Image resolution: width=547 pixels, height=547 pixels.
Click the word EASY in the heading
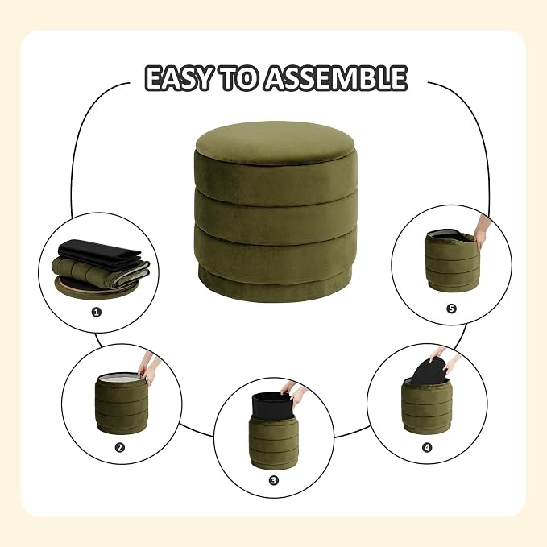point(179,78)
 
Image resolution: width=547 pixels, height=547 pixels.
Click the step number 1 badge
point(97,312)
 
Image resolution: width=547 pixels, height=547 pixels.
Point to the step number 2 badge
point(120,447)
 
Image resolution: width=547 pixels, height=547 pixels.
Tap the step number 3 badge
point(274,480)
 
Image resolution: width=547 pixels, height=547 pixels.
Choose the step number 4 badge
point(427,447)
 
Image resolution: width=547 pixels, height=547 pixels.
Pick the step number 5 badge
point(451,309)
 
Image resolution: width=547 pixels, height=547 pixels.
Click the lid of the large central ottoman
point(276,143)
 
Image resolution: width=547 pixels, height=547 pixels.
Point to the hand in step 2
point(149,369)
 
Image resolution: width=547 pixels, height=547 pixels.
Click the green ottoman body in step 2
point(122,404)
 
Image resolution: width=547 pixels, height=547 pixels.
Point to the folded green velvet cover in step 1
point(102,273)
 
